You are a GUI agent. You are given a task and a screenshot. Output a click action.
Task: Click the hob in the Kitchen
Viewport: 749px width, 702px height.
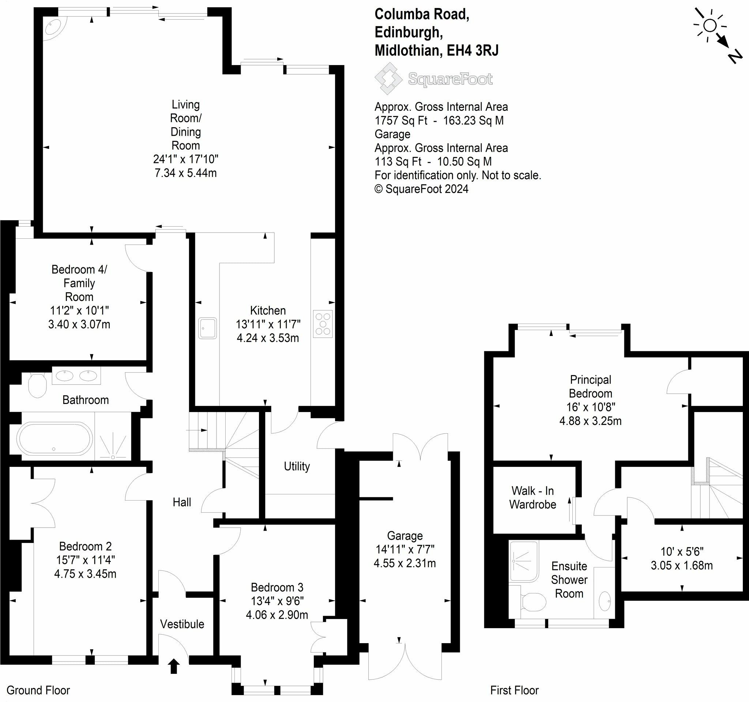pyautogui.click(x=323, y=324)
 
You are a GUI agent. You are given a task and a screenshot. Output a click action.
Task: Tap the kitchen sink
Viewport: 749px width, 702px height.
pyautogui.click(x=208, y=328)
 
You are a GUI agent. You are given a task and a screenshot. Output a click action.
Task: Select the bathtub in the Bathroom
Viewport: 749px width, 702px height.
pyautogui.click(x=54, y=439)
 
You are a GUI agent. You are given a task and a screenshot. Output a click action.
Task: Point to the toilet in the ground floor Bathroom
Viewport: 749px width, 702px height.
pyautogui.click(x=37, y=385)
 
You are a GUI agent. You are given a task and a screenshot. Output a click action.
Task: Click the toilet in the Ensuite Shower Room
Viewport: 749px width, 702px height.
pyautogui.click(x=533, y=602)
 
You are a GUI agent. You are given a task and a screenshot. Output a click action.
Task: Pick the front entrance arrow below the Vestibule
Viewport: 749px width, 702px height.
pyautogui.click(x=173, y=666)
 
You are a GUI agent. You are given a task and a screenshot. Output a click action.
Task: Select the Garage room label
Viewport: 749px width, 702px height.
pyautogui.click(x=404, y=536)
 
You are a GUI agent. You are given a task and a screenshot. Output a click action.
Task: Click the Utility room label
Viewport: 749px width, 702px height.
pyautogui.click(x=297, y=466)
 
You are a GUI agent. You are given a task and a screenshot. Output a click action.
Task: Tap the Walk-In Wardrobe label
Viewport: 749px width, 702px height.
pyautogui.click(x=532, y=498)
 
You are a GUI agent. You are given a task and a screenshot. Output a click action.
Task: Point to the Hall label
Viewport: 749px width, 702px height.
pyautogui.click(x=182, y=502)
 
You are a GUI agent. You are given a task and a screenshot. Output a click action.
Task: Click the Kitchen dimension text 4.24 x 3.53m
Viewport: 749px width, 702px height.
pyautogui.click(x=268, y=338)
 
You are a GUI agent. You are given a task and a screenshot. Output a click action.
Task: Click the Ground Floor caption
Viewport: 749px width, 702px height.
pyautogui.click(x=38, y=690)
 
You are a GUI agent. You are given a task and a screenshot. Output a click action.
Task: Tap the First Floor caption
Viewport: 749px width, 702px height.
pyautogui.click(x=514, y=690)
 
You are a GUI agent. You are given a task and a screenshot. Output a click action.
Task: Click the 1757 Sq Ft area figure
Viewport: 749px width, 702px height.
pyautogui.click(x=401, y=121)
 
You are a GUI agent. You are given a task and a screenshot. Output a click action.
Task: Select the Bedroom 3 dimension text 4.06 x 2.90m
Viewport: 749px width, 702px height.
pyautogui.click(x=277, y=615)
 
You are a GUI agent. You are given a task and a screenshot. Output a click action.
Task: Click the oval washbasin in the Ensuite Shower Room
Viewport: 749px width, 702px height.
pyautogui.click(x=605, y=601)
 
